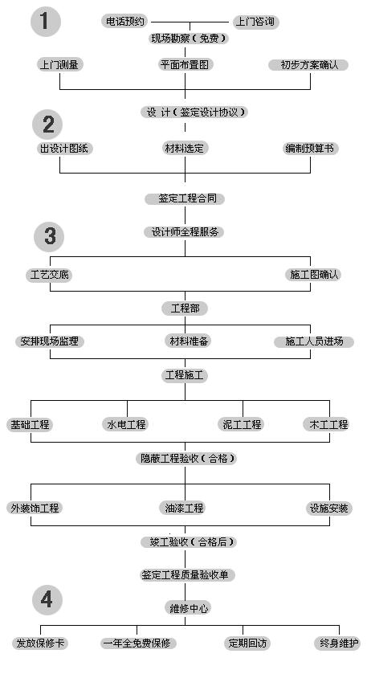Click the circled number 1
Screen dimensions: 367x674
pyautogui.click(x=46, y=22)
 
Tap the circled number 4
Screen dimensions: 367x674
pyautogui.click(x=47, y=599)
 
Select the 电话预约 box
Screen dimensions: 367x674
pyautogui.click(x=125, y=21)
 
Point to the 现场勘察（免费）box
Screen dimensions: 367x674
pyautogui.click(x=188, y=39)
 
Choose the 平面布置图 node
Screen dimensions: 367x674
pyautogui.click(x=185, y=65)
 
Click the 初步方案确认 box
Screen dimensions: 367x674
pyautogui.click(x=308, y=65)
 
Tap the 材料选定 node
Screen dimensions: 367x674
pyautogui.click(x=185, y=149)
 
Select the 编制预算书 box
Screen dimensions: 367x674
pyautogui.click(x=311, y=149)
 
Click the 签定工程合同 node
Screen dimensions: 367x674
pyautogui.click(x=185, y=198)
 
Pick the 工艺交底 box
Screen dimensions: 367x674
pyautogui.click(x=49, y=275)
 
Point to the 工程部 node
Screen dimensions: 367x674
pyautogui.click(x=185, y=308)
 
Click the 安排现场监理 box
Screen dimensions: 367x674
pyautogui.click(x=50, y=341)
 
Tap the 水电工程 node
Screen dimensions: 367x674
pyautogui.click(x=126, y=425)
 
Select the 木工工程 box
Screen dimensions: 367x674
pyautogui.click(x=328, y=425)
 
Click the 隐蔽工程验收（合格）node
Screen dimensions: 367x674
pyautogui.click(x=187, y=459)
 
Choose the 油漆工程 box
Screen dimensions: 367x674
pyautogui.click(x=185, y=508)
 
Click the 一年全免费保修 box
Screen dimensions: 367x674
pyautogui.click(x=137, y=643)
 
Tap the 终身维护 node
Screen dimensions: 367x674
pyautogui.click(x=339, y=643)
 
